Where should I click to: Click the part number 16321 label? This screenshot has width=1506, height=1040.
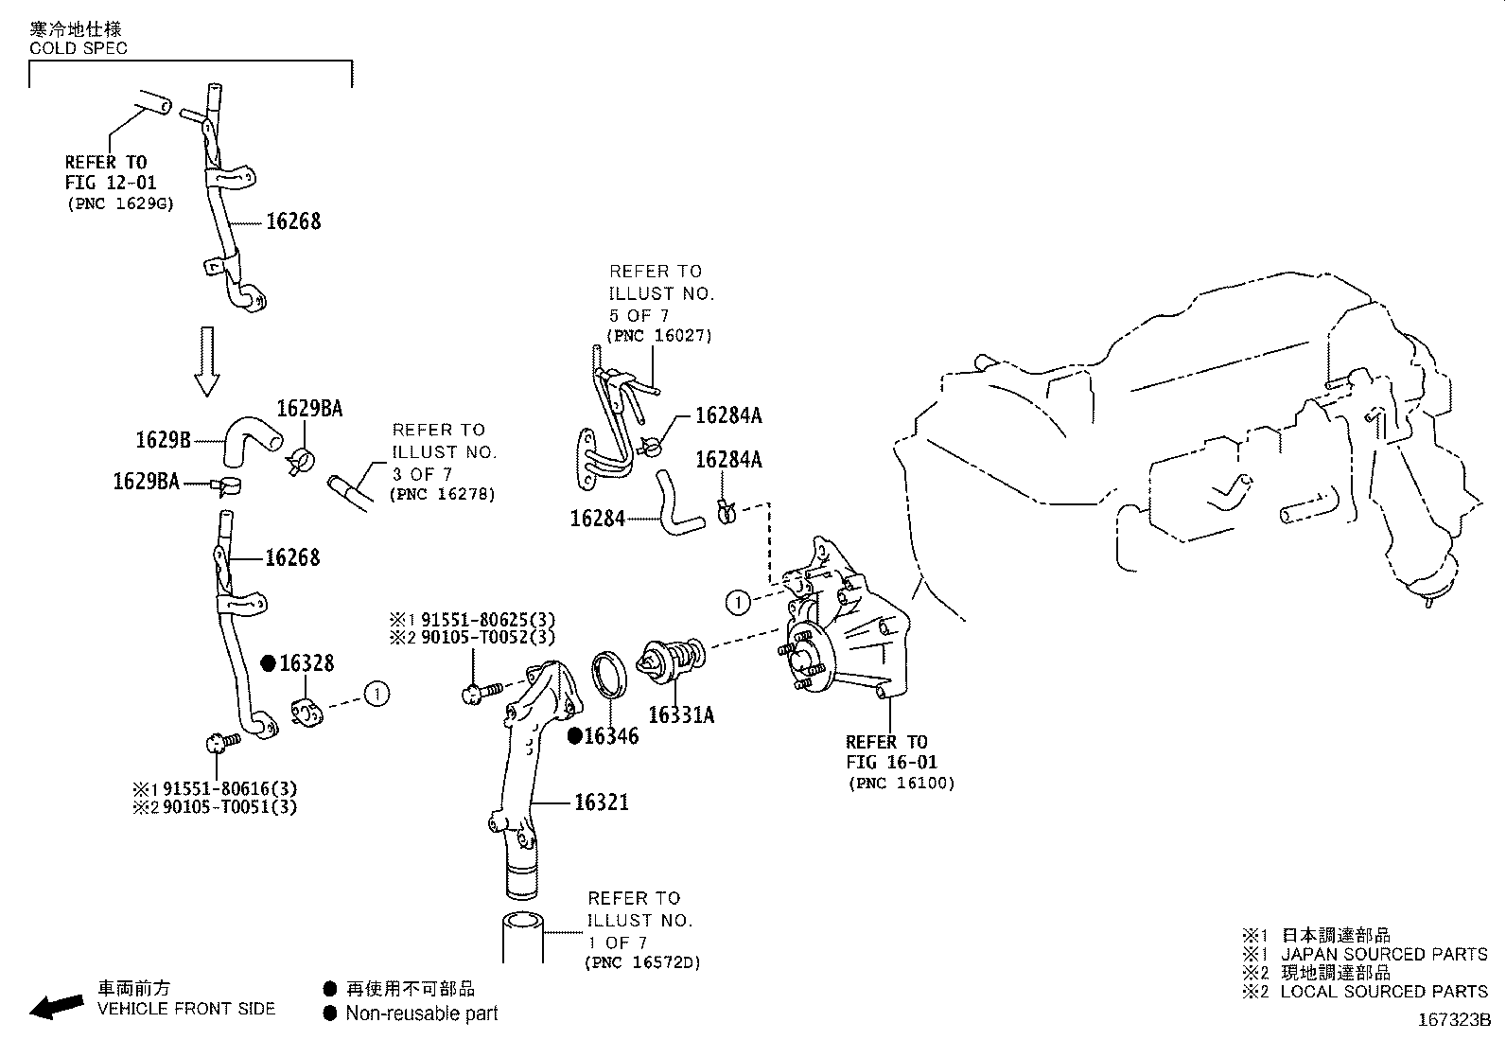[x=602, y=802]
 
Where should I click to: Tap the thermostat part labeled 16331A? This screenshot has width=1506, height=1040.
[x=671, y=661]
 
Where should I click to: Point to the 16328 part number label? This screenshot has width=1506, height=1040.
[x=306, y=663]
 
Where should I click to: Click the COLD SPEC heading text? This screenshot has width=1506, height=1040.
[x=79, y=47]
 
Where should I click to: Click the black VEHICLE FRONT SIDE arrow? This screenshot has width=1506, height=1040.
[x=56, y=1007]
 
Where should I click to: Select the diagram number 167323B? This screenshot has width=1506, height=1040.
[x=1453, y=1020]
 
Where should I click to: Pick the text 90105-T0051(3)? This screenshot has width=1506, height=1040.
[x=230, y=807]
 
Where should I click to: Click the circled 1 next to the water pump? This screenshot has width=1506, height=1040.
[x=738, y=601]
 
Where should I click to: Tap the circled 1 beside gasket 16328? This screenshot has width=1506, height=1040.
[x=376, y=694]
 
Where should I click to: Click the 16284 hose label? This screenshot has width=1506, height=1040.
[x=597, y=519]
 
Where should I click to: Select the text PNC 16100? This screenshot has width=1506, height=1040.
[x=902, y=783]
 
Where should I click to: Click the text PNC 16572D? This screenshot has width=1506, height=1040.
[x=643, y=963]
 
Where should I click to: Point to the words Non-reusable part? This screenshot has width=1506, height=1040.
[x=421, y=1014]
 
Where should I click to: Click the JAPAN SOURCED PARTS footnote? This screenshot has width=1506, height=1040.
[x=1384, y=954]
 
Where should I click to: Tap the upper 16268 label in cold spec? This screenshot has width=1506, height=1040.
[x=293, y=221]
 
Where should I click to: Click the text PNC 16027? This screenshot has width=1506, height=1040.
[x=658, y=335]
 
